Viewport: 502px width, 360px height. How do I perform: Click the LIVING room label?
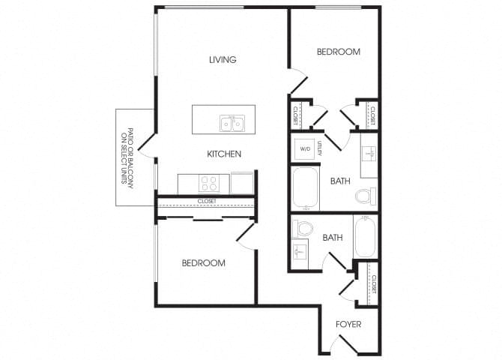223,60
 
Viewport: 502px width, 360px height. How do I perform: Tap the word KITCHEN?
224,154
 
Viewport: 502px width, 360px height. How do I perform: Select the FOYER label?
348,325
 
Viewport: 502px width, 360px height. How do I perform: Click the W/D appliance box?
306,148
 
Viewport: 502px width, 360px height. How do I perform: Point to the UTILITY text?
319,148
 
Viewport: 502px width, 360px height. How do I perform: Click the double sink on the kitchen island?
232,123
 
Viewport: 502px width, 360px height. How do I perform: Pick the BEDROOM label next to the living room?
338,52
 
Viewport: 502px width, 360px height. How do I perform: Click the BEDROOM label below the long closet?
204,263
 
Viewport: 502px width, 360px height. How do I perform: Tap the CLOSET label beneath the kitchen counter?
207,201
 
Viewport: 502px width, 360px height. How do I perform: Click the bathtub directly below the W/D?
306,189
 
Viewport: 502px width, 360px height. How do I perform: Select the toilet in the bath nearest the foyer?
305,228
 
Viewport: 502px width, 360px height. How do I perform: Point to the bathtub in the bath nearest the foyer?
365,237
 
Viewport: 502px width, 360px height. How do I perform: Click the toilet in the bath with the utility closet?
363,196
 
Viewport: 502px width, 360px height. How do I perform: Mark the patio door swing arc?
146,148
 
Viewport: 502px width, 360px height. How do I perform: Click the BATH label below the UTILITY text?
341,181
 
